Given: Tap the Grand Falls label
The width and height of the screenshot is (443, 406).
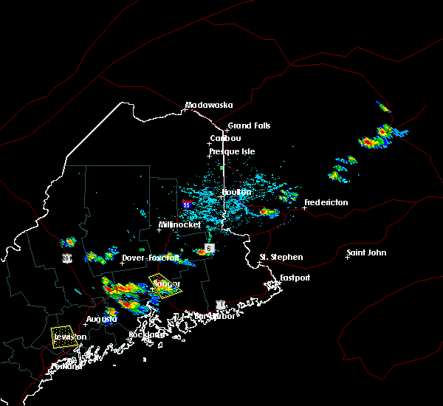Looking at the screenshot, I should [x=249, y=125].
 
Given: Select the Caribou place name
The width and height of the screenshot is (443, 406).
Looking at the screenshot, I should [x=225, y=138].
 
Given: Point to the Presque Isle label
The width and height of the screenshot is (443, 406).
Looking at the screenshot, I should [x=232, y=151].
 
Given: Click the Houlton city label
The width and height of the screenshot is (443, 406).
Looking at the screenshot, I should [x=236, y=193].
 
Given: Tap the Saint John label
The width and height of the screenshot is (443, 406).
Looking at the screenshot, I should [x=367, y=253].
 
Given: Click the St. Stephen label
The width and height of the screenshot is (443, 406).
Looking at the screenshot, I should [x=281, y=257].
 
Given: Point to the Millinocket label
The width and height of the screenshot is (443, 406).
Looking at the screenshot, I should [x=179, y=224].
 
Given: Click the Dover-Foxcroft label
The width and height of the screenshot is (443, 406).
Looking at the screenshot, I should [x=151, y=258].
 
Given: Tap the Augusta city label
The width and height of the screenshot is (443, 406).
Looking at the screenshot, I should [x=101, y=319].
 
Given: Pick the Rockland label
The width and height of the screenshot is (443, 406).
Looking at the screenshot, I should [x=147, y=334].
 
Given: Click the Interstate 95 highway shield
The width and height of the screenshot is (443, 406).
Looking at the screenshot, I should [x=186, y=204].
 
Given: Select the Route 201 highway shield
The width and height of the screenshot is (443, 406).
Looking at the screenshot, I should [x=66, y=258].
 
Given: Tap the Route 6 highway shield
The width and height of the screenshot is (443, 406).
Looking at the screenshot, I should [x=209, y=249].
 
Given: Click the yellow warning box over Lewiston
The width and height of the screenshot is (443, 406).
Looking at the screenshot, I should [x=63, y=334].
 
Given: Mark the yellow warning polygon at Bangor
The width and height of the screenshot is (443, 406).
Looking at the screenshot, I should [x=161, y=284].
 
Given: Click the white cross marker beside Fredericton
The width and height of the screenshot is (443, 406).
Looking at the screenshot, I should [x=304, y=208].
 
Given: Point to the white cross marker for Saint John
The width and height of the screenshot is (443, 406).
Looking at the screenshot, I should [x=348, y=257].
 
